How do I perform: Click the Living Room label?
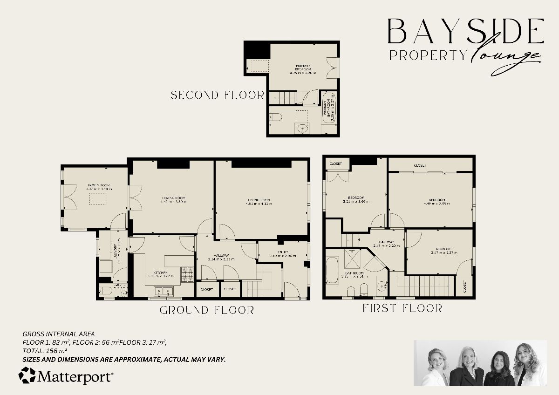tap(259, 200)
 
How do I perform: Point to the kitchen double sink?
tap(163, 292)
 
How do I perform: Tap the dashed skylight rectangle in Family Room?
tap(98, 199)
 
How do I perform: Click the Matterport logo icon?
tap(27, 375)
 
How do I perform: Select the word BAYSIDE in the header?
tap(466, 32)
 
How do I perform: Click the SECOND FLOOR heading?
tap(217, 95)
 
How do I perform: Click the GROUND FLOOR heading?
tap(207, 310)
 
